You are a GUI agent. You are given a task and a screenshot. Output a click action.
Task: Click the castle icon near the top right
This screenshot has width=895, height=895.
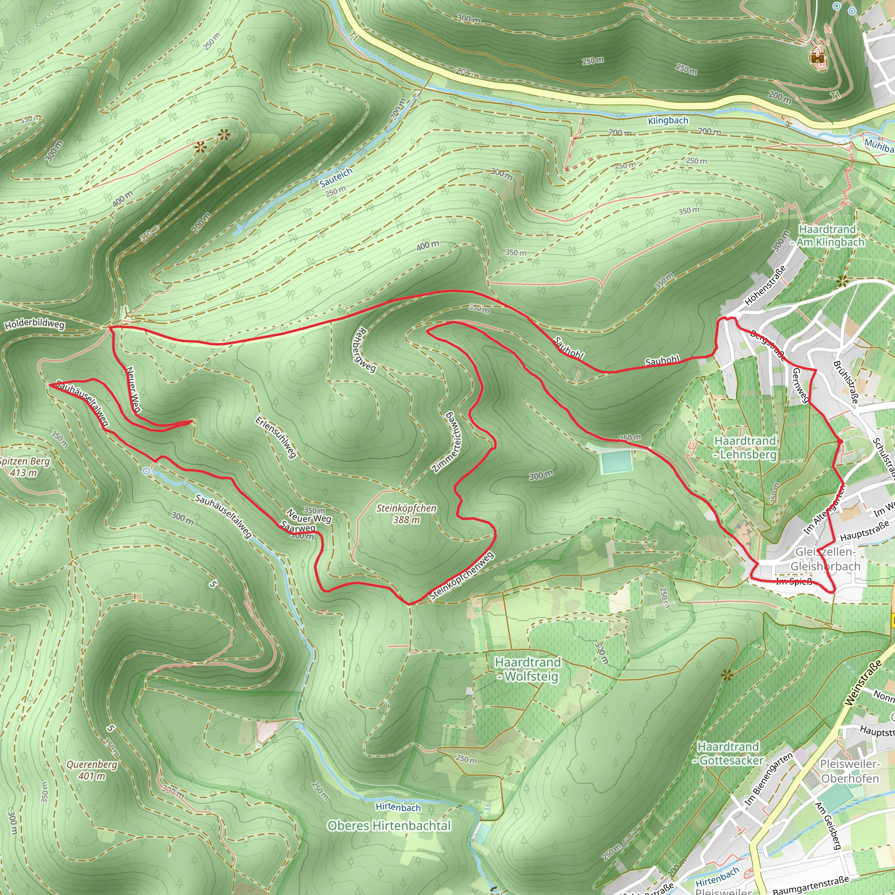pyautogui.click(x=817, y=57)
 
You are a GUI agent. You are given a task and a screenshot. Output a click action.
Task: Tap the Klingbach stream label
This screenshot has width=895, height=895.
pyautogui.click(x=668, y=121)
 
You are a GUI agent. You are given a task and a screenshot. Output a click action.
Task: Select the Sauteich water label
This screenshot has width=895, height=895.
pyautogui.click(x=336, y=177)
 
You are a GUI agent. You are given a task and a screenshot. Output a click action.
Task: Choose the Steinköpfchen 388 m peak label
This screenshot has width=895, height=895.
pyautogui.click(x=406, y=514)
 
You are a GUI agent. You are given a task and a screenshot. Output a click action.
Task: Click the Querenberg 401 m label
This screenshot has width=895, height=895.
pyautogui.click(x=92, y=770)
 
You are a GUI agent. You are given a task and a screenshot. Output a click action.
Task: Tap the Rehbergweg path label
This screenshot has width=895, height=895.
pyautogui.click(x=364, y=350)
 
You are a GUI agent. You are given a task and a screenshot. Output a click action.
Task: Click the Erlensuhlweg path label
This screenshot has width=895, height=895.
pyautogui.click(x=276, y=437)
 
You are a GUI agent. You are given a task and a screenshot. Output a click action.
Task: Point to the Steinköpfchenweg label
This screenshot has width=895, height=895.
pyautogui.click(x=461, y=576)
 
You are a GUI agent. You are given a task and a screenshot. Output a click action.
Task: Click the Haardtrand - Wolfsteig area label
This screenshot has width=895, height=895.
pyautogui.click(x=527, y=670)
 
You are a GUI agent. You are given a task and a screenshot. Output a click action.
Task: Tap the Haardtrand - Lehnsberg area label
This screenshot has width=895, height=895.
pyautogui.click(x=745, y=447)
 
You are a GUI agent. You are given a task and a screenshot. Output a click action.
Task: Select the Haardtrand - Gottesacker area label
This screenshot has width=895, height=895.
pyautogui.click(x=728, y=754)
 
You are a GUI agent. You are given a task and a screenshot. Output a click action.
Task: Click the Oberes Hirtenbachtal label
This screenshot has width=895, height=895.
pyautogui.click(x=389, y=826)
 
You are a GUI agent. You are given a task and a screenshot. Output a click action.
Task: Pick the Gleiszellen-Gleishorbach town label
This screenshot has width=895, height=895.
pyautogui.click(x=825, y=559)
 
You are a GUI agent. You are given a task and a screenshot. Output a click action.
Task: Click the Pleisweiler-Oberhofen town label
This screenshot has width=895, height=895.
pyautogui.click(x=850, y=771)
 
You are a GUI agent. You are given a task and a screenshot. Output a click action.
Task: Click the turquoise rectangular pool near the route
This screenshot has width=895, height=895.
pyautogui.click(x=616, y=462)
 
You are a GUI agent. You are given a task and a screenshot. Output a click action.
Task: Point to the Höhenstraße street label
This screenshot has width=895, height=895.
pyautogui.click(x=765, y=285)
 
